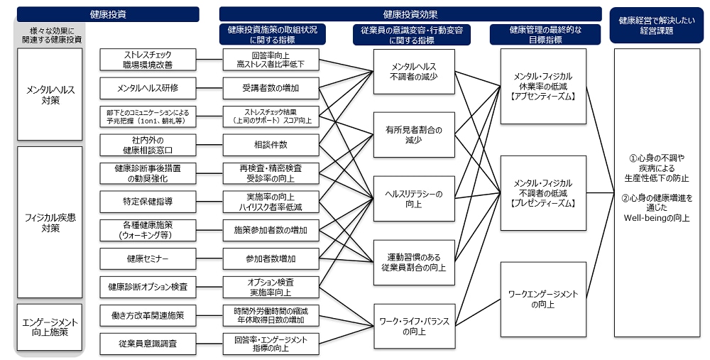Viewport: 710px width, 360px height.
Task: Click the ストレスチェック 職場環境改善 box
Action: [x=148, y=60]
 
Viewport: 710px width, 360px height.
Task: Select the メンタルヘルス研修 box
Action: [x=148, y=88]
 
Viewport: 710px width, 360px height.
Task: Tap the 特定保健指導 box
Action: [x=148, y=202]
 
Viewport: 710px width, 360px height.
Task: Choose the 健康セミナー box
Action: [x=148, y=258]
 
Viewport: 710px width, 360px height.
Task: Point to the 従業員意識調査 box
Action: [x=148, y=344]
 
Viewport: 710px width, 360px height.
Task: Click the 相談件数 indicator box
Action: [x=271, y=145]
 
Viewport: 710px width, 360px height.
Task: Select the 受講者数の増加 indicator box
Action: [x=271, y=88]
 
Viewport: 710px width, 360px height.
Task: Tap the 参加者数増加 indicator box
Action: [x=271, y=258]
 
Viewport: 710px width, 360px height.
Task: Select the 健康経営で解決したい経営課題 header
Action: [x=656, y=26]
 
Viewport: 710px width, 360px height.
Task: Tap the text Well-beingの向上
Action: [x=657, y=218]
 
